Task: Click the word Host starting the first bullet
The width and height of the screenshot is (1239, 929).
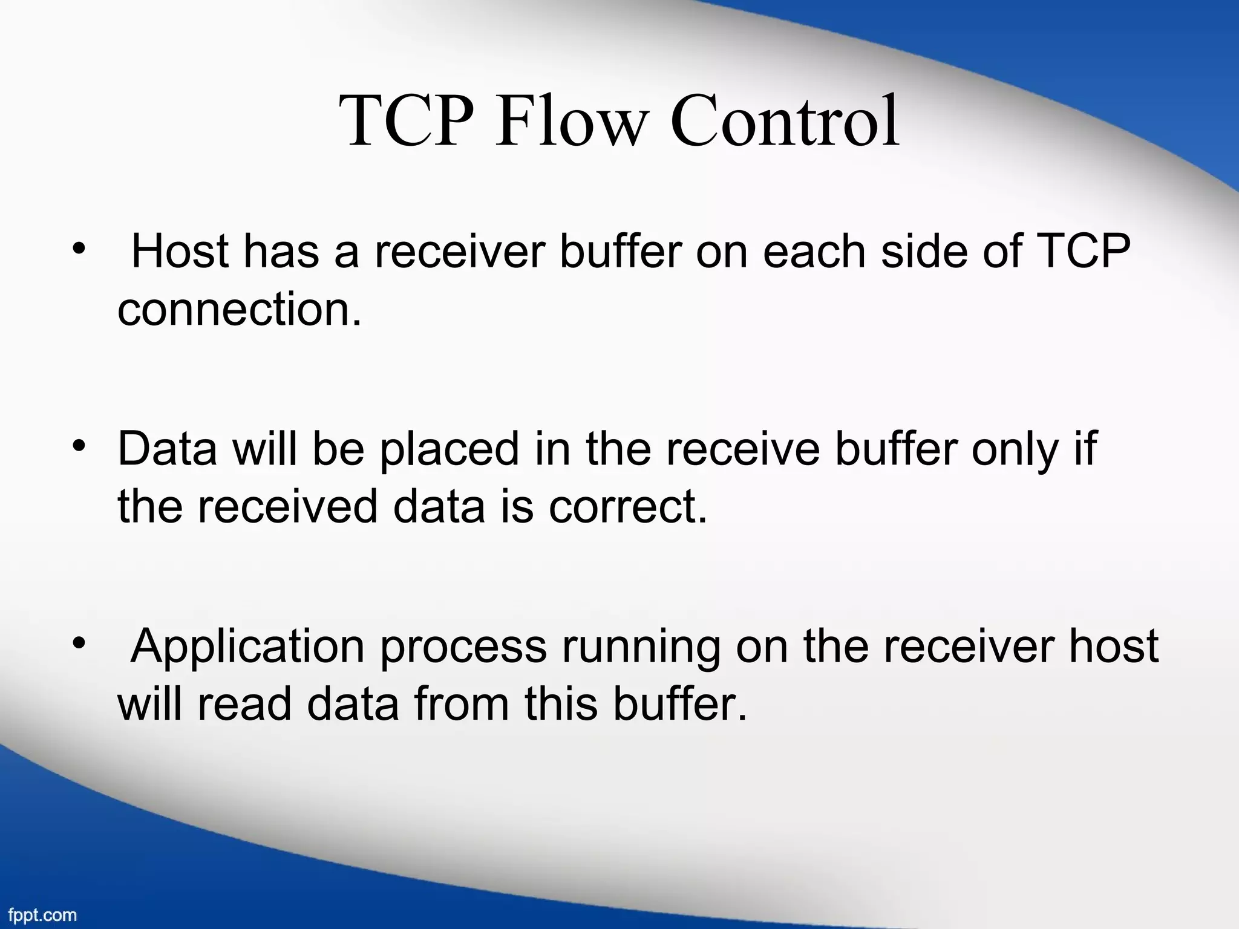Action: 180,252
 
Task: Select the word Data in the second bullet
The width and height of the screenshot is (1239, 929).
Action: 167,449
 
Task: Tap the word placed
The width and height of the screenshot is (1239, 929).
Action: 449,449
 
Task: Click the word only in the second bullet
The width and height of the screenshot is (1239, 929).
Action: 1015,450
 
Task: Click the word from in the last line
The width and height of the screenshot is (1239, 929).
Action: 462,705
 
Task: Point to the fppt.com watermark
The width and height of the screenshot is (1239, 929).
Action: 42,914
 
